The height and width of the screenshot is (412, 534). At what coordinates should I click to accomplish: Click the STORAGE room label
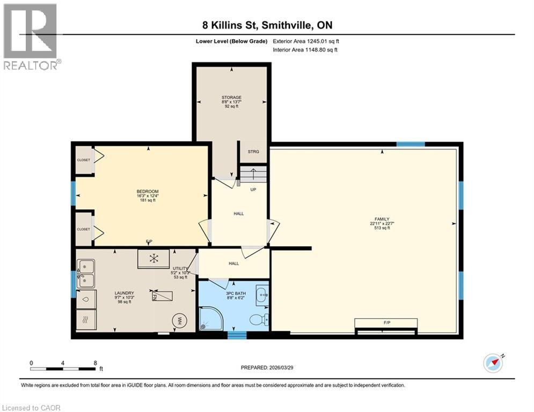tap(232, 98)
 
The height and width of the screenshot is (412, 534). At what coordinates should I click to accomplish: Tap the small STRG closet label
tap(253, 152)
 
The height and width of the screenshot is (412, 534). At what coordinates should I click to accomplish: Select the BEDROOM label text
tap(147, 192)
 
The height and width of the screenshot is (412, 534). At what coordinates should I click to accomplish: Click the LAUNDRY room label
tap(124, 293)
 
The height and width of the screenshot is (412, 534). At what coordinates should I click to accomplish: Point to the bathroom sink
tap(261, 294)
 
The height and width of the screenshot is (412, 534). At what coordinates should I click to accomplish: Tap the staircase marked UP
tap(253, 175)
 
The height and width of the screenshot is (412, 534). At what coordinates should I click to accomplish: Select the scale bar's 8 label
tap(95, 363)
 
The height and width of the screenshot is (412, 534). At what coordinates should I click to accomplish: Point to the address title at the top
tap(267, 25)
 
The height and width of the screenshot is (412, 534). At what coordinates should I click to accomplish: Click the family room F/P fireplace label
tap(386, 322)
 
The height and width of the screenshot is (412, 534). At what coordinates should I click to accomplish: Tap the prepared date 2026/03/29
tap(267, 367)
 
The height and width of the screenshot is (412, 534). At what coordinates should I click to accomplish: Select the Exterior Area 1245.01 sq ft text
tap(305, 41)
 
